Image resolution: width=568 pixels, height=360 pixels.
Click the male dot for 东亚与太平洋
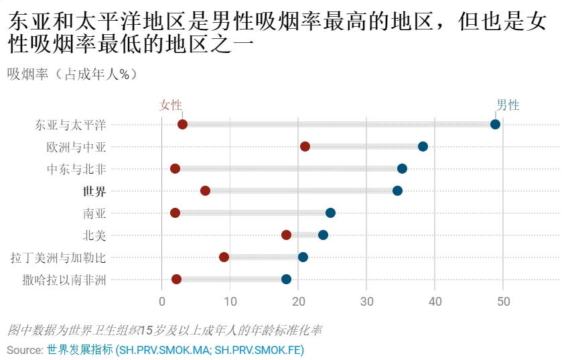(x=495, y=124)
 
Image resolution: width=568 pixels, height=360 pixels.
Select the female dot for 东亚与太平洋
(x=182, y=124)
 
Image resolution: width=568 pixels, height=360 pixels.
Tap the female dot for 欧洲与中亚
(x=305, y=146)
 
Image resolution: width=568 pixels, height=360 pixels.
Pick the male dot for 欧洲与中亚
(x=423, y=146)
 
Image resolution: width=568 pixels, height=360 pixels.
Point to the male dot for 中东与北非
(x=402, y=168)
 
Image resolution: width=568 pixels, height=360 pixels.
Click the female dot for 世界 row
(x=205, y=190)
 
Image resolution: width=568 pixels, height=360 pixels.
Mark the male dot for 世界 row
(x=397, y=190)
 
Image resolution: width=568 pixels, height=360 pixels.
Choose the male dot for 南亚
(x=330, y=213)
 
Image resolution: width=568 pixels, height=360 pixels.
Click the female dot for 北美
(x=286, y=235)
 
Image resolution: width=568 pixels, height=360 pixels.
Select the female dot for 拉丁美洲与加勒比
(x=224, y=257)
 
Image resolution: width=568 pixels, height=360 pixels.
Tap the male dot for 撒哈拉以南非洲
(x=286, y=279)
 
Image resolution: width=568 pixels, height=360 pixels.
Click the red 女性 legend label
(x=170, y=105)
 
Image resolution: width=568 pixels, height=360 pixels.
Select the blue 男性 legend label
(x=508, y=105)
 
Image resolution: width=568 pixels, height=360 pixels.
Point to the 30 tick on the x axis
(x=366, y=302)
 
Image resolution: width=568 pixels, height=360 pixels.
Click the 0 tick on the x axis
(x=162, y=302)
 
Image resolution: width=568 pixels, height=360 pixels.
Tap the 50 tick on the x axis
(x=503, y=302)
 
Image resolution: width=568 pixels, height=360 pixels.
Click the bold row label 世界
(x=94, y=191)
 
